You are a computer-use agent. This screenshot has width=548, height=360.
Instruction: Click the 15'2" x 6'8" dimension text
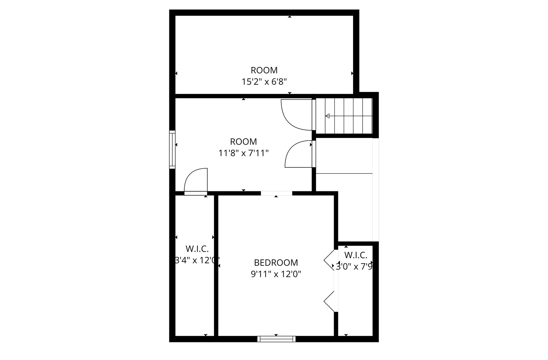pos(264,82)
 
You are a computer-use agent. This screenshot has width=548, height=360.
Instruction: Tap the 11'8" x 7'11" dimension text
pos(243,153)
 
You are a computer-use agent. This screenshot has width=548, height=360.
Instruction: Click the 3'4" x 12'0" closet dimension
pos(197,260)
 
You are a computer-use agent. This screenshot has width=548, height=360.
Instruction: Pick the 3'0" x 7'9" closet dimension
pos(354,267)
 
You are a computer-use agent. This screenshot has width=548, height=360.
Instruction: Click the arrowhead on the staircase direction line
pos(327,116)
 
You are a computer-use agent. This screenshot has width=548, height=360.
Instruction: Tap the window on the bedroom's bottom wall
pos(276,339)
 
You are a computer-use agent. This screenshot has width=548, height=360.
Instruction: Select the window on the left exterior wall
pos(172,149)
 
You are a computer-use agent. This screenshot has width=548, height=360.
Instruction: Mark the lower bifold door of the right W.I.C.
pos(329,302)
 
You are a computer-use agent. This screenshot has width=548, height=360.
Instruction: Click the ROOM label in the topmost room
pos(264,70)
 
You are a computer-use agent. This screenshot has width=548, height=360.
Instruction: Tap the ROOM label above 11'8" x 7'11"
pos(243,142)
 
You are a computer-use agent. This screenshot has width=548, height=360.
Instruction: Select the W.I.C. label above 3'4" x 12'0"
pos(197,249)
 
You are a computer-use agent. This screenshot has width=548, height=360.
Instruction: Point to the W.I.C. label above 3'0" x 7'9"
pos(356,255)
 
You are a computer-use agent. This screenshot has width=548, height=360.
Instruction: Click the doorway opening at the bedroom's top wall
pos(276,193)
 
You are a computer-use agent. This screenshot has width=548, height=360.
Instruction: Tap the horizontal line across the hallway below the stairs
pos(344,173)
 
